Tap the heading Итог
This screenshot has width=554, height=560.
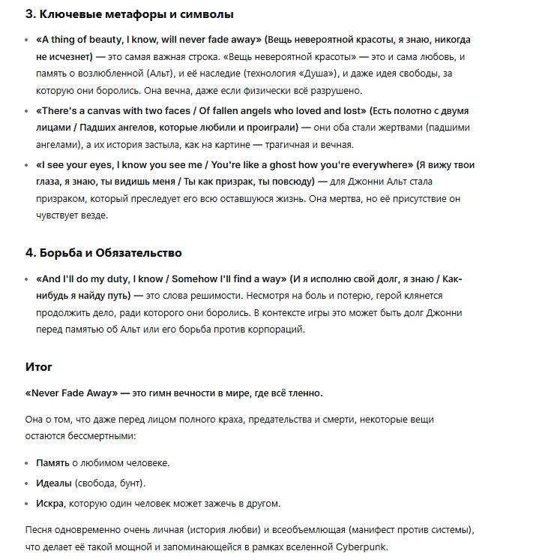(x=39, y=367)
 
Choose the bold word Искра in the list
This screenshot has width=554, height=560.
(x=50, y=502)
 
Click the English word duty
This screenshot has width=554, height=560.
(x=111, y=278)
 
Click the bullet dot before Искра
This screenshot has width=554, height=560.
(x=28, y=502)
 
